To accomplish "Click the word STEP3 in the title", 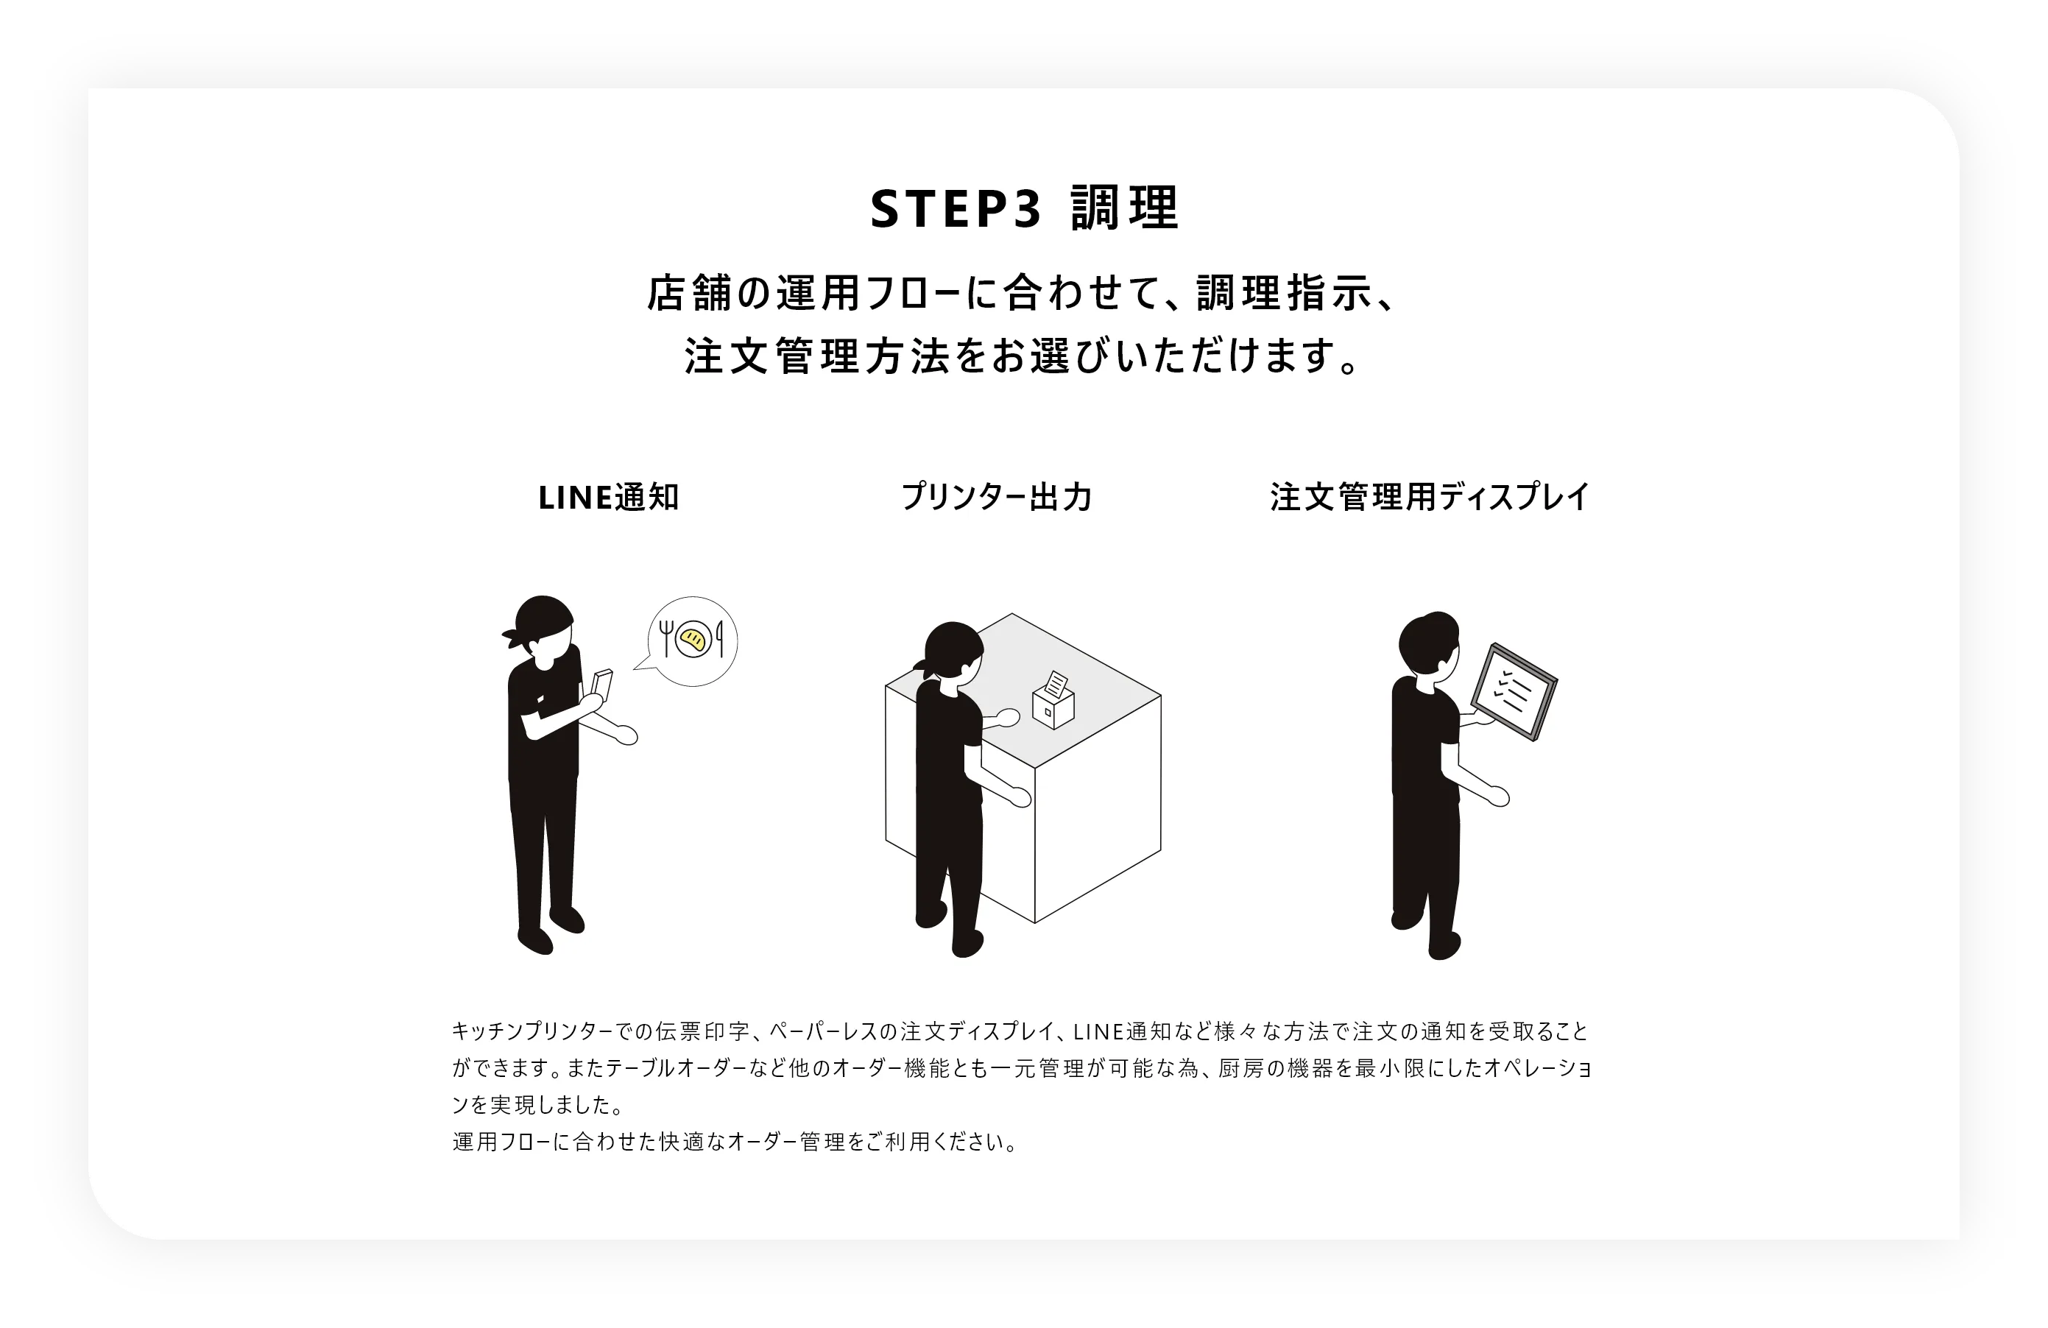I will tap(955, 209).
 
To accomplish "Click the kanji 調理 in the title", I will tap(1125, 208).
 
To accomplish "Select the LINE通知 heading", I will tap(608, 498).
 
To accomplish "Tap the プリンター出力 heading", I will tap(995, 498).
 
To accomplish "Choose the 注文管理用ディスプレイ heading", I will tap(1430, 498).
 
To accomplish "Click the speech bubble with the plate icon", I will tap(693, 641).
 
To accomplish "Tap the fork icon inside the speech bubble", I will tap(665, 637).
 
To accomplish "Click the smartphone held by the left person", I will tap(601, 682).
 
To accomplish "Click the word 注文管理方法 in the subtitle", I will tap(817, 356).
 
